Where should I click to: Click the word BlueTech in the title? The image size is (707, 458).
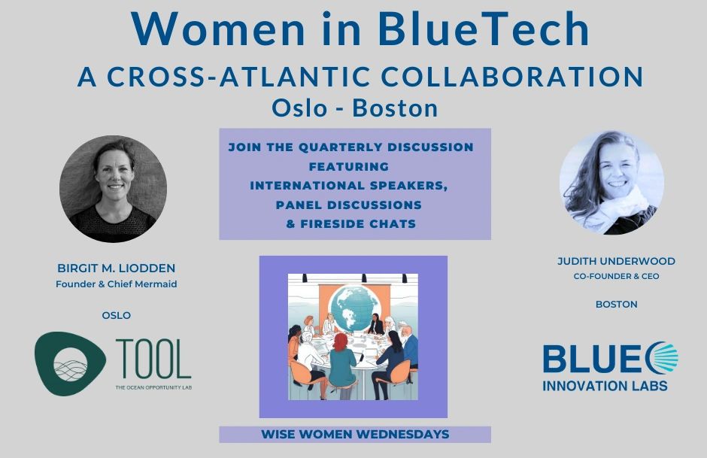tap(484, 29)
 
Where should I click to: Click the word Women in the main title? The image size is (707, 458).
tap(219, 29)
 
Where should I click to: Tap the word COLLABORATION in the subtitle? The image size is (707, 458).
tap(511, 77)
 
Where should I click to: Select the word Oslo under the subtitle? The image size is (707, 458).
tap(299, 108)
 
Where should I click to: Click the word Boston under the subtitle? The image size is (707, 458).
tap(395, 108)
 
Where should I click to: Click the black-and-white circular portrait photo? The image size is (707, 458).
tap(113, 189)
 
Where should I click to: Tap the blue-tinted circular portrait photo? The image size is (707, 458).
tap(612, 183)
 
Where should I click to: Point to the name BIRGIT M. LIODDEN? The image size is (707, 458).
tap(117, 268)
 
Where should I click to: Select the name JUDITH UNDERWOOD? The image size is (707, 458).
tap(616, 261)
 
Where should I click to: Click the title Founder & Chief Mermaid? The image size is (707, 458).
tap(117, 284)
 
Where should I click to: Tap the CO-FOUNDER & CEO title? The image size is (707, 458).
tap(616, 276)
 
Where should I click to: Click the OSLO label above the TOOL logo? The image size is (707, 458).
tap(117, 316)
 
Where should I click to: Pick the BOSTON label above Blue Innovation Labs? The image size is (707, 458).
tap(617, 305)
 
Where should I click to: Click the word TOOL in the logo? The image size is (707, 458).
tap(153, 359)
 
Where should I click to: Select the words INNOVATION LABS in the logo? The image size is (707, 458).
tap(605, 387)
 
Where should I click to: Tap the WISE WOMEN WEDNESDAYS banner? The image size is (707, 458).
tap(355, 435)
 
